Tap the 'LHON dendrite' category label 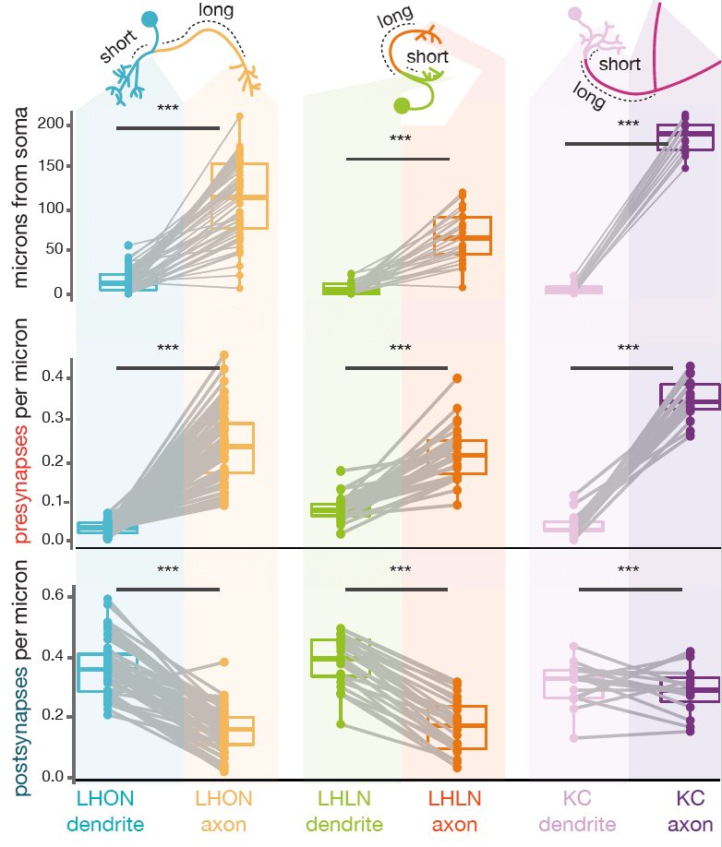[105, 810]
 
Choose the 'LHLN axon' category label [453, 810]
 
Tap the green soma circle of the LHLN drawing [402, 105]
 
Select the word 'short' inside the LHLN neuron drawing [427, 57]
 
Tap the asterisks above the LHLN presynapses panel [400, 348]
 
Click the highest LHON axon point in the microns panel [239, 116]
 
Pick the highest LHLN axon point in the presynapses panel [456, 378]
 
